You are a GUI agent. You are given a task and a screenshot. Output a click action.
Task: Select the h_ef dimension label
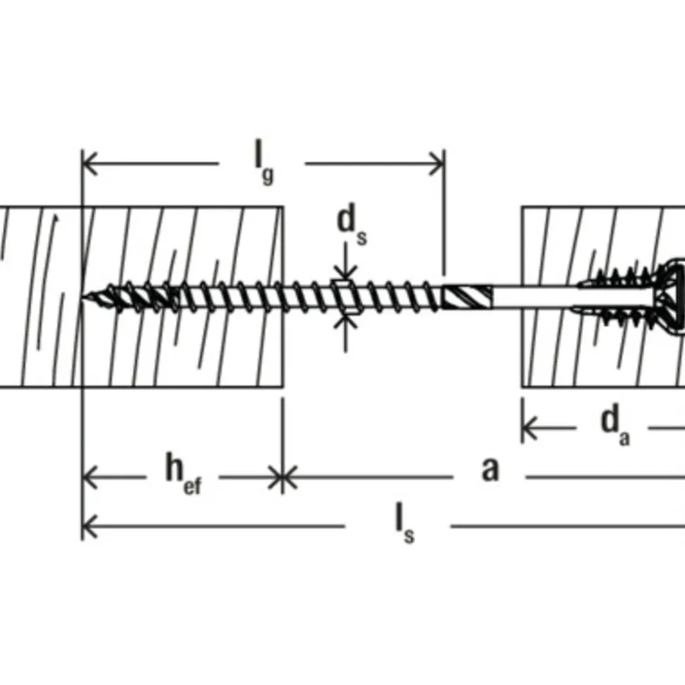coord(183,474)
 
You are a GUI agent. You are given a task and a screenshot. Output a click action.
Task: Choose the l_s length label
coord(405,523)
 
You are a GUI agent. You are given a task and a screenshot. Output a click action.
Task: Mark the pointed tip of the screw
coord(83,296)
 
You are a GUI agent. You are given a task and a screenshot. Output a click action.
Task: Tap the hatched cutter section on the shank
coord(467,296)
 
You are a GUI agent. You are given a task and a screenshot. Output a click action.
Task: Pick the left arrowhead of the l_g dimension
coord(90,164)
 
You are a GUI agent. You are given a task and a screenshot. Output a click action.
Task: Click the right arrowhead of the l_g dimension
coord(437,164)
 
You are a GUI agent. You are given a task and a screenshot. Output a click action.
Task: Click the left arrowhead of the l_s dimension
coord(90,526)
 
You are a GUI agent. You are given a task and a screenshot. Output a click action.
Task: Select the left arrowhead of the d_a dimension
coord(530,428)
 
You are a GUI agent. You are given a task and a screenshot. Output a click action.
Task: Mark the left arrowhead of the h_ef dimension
coord(90,477)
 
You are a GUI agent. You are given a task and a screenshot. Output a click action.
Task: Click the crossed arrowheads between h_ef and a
coord(282,477)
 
